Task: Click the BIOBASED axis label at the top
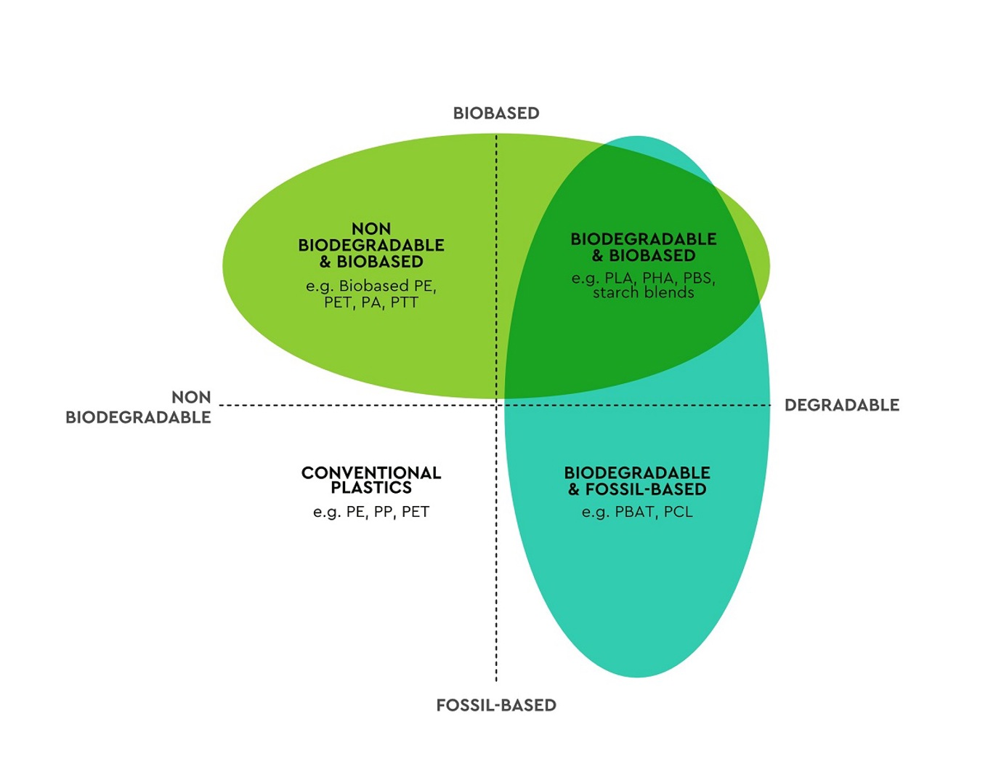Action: coord(496,113)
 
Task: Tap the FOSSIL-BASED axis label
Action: coord(496,705)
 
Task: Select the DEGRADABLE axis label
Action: coord(842,405)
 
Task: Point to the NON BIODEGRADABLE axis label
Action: coord(139,407)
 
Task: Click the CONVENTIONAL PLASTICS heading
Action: coord(371,480)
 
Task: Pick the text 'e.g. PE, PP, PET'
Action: coord(371,512)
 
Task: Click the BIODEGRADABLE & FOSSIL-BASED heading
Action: coord(637,481)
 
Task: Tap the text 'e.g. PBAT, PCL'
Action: coord(637,512)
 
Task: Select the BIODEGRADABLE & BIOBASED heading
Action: coord(644,247)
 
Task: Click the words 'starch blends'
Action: coord(644,293)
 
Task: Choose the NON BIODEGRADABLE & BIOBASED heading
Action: coord(371,245)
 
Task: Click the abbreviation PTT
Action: coord(404,302)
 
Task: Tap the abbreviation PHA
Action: coord(658,278)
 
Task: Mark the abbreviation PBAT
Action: coord(634,512)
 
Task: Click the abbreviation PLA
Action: coord(619,278)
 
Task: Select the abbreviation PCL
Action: coord(678,512)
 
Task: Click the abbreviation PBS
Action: coord(698,278)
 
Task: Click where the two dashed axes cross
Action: coord(496,405)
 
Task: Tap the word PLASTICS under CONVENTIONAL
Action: coord(371,488)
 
